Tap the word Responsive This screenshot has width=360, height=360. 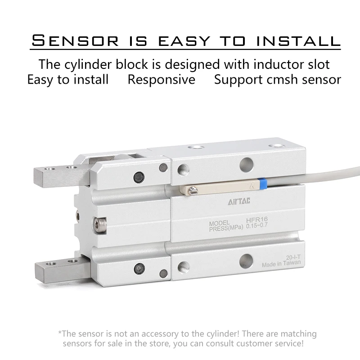(161, 80)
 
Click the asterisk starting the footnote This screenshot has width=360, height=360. (60, 334)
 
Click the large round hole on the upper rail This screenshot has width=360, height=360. (246, 163)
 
